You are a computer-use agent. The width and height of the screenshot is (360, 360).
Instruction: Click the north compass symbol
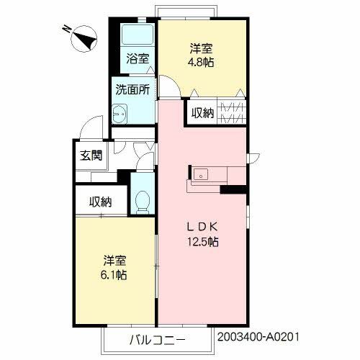pyautogui.click(x=84, y=39)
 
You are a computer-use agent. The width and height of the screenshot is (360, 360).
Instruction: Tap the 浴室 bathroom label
pyautogui.click(x=138, y=58)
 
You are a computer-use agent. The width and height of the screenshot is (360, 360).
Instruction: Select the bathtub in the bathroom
pyautogui.click(x=138, y=34)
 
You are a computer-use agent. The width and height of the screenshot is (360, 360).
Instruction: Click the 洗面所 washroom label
pyautogui.click(x=132, y=89)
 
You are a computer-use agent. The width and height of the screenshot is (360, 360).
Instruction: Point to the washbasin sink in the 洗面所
pyautogui.click(x=120, y=114)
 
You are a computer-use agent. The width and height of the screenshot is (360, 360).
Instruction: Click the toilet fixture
pyautogui.click(x=143, y=202)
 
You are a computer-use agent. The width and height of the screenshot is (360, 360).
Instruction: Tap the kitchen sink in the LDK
pyautogui.click(x=201, y=174)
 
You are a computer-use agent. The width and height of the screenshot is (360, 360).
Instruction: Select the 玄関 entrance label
pyautogui.click(x=91, y=156)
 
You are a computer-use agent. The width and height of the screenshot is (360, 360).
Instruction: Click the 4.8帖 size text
pyautogui.click(x=201, y=63)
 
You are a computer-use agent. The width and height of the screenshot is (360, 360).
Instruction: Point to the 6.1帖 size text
pyautogui.click(x=114, y=275)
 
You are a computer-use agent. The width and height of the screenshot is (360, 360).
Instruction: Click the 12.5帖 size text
pyautogui.click(x=203, y=242)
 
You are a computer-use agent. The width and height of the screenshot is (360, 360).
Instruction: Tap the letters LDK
pyautogui.click(x=202, y=227)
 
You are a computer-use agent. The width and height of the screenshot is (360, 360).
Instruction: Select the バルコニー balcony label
pyautogui.click(x=158, y=340)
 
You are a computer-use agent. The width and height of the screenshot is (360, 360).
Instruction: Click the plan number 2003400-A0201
pyautogui.click(x=258, y=337)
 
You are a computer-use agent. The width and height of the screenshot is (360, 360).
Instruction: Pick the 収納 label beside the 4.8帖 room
pyautogui.click(x=202, y=113)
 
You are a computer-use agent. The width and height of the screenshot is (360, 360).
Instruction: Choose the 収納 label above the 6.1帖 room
pyautogui.click(x=101, y=202)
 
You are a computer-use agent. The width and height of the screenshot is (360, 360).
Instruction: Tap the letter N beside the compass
pyautogui.click(x=67, y=30)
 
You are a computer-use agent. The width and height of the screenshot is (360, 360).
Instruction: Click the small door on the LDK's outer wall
pyautogui.click(x=253, y=158)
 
